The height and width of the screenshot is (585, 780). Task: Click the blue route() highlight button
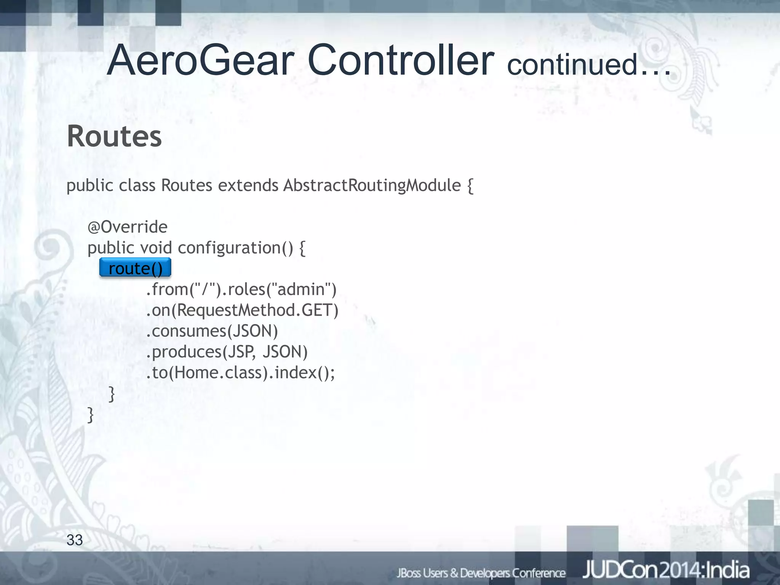135,268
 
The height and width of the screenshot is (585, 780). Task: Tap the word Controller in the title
401,61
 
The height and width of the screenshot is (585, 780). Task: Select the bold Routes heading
114,136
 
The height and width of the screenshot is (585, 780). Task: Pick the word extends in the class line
248,185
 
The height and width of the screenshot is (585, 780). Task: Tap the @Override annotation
128,227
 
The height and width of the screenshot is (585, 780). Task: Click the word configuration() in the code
235,248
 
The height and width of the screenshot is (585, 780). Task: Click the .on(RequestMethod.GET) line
242,310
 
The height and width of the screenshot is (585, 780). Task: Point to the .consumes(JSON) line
212,331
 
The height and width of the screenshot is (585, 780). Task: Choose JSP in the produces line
240,352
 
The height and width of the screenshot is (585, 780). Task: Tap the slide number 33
75,540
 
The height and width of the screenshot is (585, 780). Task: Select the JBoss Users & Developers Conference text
481,573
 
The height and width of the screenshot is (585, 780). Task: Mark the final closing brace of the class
91,414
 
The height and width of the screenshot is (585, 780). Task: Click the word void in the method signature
156,248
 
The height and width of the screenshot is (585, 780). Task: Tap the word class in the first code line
137,185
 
